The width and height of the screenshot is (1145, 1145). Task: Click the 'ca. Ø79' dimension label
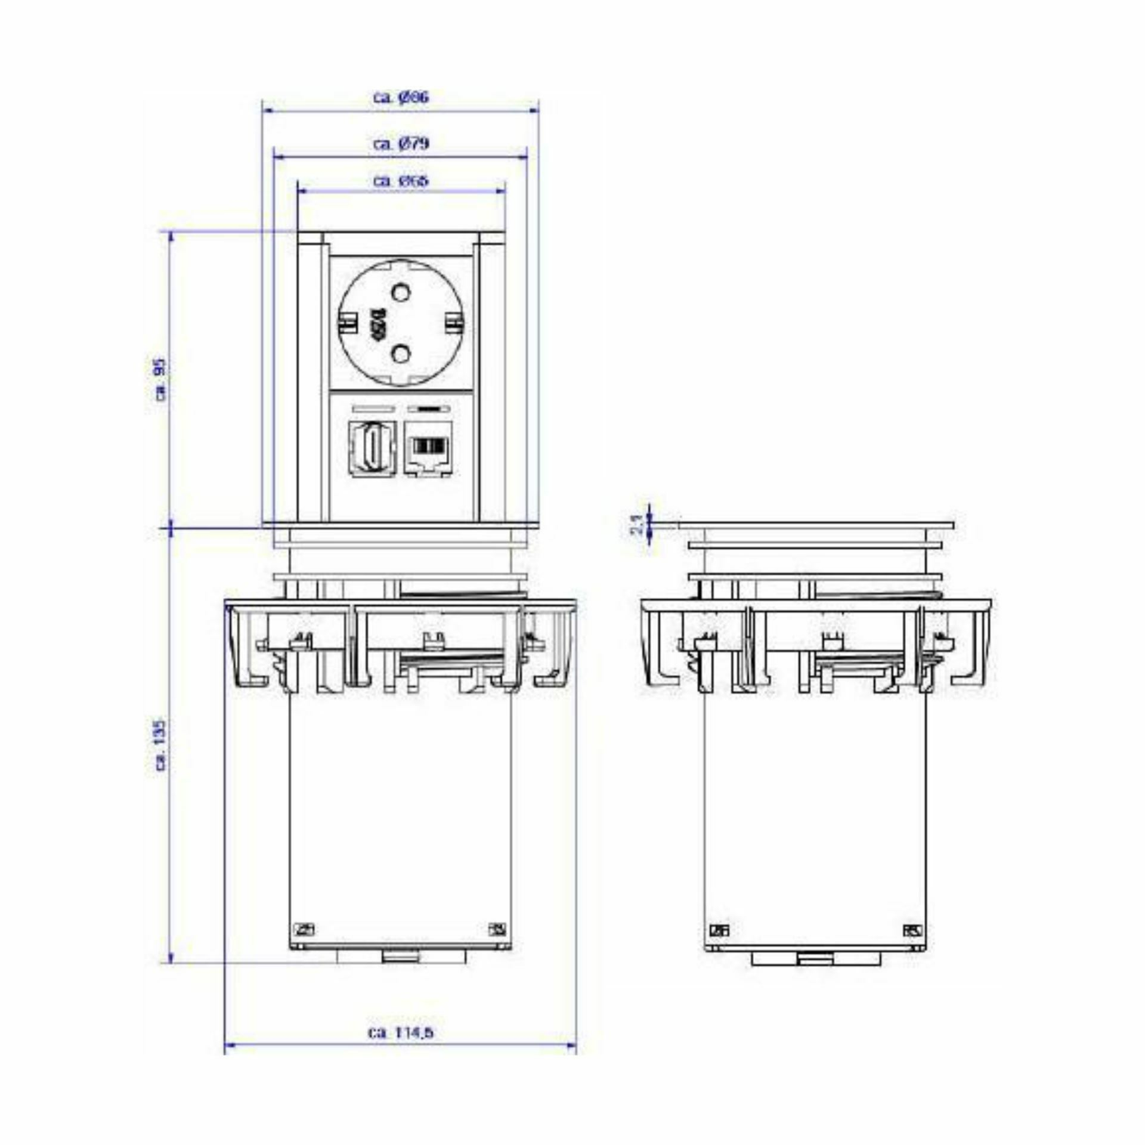pos(401,144)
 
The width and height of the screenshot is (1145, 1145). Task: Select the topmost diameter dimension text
pos(401,97)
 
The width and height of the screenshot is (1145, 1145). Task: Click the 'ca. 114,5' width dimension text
pos(400,1032)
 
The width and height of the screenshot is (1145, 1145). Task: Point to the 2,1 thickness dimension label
pos(637,524)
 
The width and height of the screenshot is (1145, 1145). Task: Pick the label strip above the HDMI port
pos(373,409)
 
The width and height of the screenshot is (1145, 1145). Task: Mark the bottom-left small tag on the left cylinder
pos(305,929)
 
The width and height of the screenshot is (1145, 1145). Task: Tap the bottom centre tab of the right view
pos(815,959)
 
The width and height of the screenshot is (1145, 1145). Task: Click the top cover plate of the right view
pos(815,525)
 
